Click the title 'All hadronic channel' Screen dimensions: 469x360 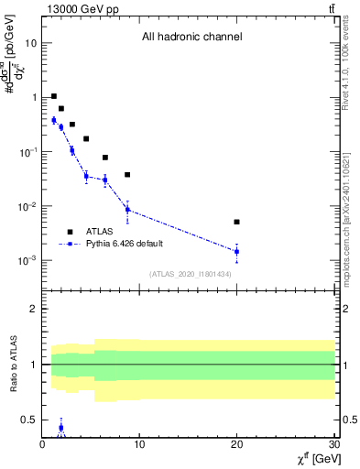191,38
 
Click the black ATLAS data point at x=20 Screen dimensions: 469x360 236,222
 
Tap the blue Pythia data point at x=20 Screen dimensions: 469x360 236,251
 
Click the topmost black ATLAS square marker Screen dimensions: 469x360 54,96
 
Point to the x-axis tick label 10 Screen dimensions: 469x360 139,445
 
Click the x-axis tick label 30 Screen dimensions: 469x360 333,445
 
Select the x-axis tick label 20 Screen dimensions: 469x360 236,445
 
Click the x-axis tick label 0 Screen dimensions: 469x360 43,445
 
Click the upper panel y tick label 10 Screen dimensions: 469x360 31,43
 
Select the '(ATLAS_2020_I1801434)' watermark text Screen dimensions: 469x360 191,274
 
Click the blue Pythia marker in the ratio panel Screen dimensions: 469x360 61,427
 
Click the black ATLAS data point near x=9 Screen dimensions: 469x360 127,174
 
